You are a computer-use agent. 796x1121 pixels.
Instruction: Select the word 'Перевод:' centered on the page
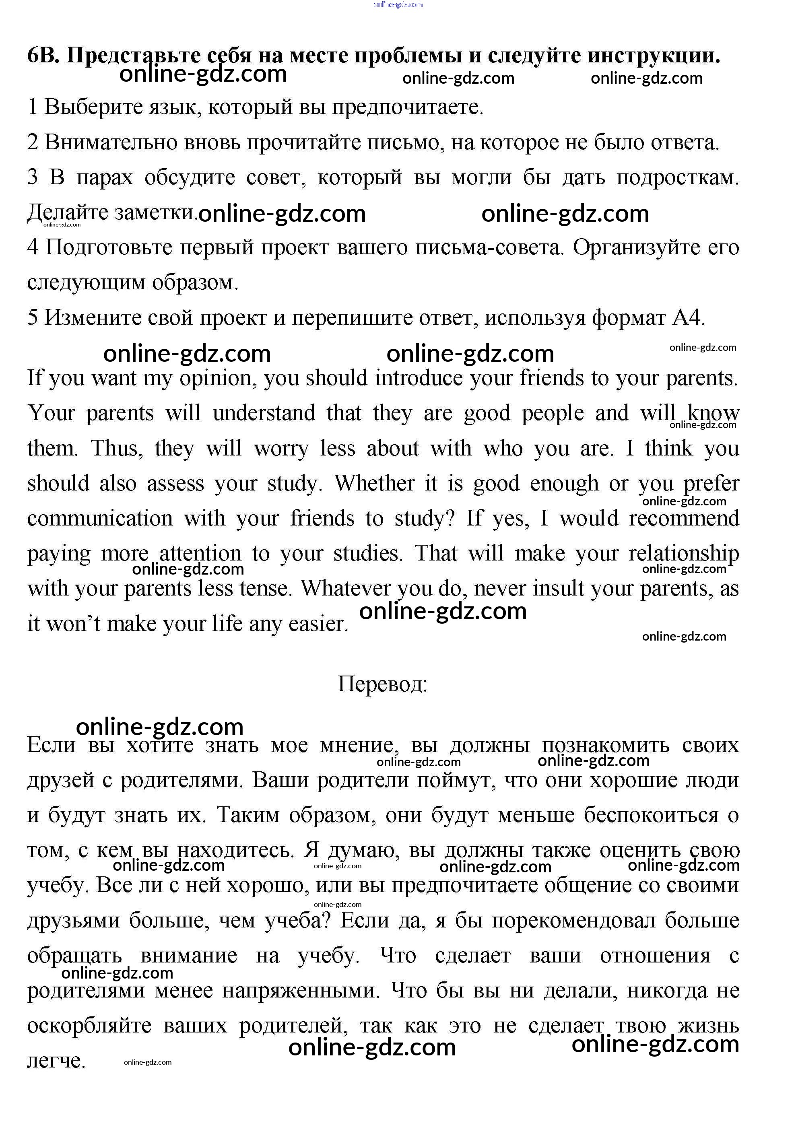(x=382, y=684)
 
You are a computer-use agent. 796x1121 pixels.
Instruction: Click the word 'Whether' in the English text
(x=375, y=483)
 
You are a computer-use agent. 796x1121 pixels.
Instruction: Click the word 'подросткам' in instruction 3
(x=677, y=177)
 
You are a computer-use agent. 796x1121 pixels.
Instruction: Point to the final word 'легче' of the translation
(x=56, y=1061)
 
